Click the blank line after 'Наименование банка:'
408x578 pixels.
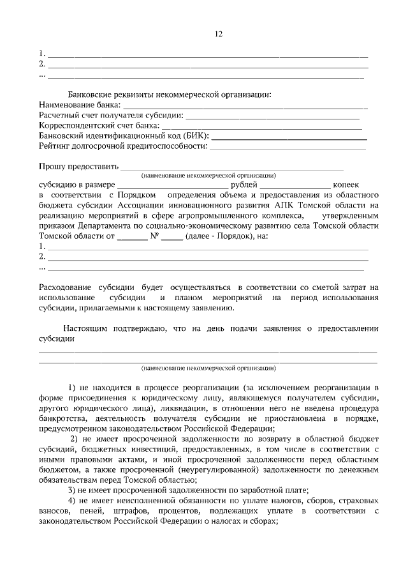pos(245,105)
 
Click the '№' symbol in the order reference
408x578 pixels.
pos(154,236)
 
